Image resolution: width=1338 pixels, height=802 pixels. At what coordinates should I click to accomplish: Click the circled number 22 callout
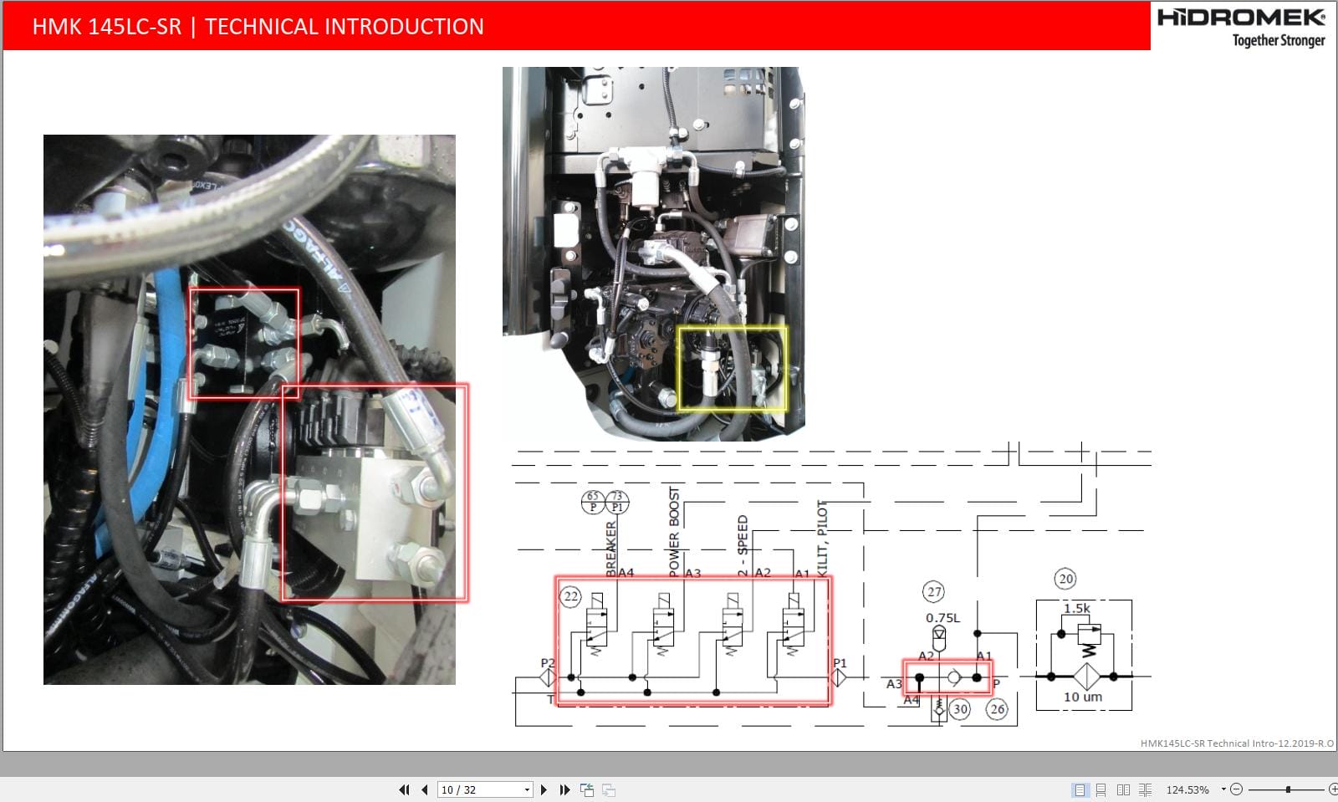(x=570, y=596)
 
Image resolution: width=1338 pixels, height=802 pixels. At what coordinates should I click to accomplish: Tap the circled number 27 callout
(x=934, y=592)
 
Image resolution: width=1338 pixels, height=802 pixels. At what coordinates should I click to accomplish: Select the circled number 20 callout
(x=1065, y=579)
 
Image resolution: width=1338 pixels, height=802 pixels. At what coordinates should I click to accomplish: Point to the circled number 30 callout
(x=960, y=709)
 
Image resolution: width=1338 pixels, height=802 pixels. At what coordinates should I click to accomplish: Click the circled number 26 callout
(x=997, y=709)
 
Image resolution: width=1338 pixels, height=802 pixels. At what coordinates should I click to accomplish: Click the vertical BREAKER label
(x=610, y=548)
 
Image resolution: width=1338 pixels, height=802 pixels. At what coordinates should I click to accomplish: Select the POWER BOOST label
(x=674, y=530)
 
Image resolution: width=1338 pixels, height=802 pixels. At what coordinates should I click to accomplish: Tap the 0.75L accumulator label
(x=942, y=618)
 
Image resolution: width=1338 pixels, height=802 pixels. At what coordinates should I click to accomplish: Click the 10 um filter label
(x=1082, y=697)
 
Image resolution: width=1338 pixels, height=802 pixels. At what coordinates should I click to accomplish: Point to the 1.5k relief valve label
(x=1076, y=608)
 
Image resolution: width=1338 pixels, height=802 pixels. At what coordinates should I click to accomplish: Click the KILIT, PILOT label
(x=822, y=537)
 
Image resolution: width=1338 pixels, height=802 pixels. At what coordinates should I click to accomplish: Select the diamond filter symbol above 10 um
(x=1086, y=676)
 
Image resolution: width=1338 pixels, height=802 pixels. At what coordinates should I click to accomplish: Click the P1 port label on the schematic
(x=840, y=663)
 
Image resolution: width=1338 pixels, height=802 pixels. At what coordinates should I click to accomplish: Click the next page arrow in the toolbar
(x=544, y=789)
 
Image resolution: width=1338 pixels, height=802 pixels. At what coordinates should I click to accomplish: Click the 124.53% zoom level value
(x=1187, y=789)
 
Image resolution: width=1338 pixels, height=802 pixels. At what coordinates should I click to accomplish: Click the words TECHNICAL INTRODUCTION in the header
(x=344, y=27)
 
